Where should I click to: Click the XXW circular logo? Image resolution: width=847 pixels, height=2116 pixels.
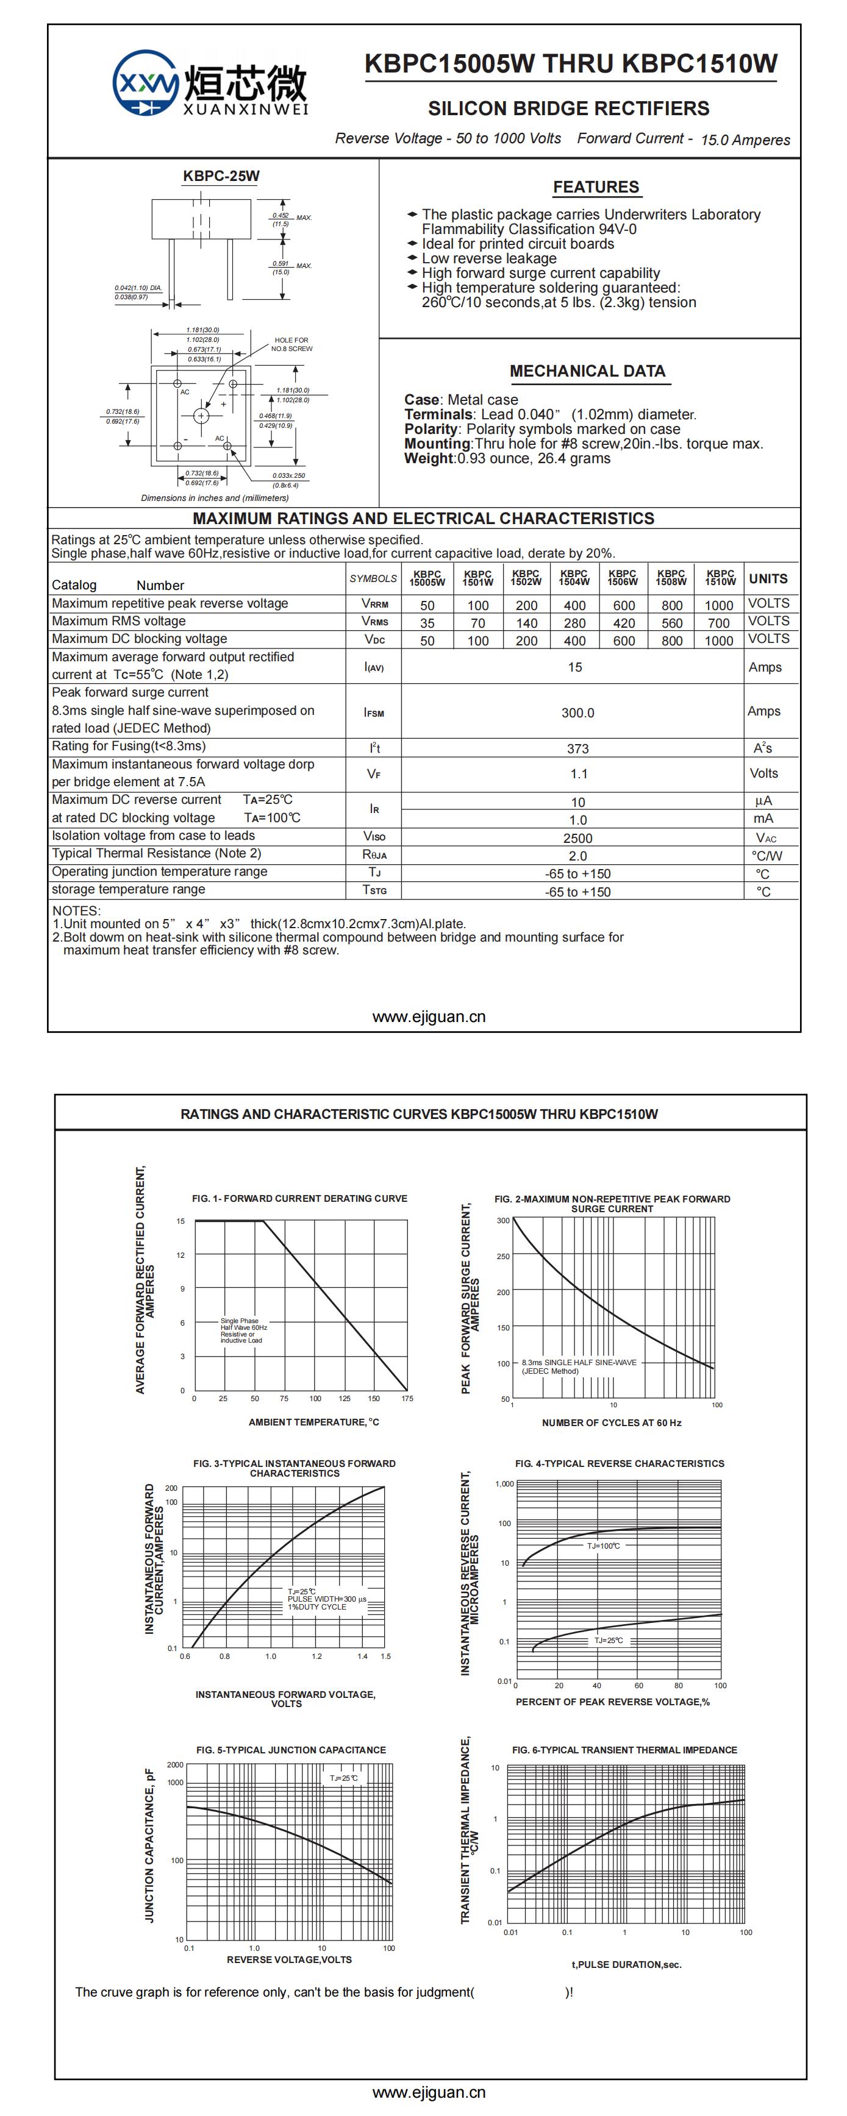tap(145, 83)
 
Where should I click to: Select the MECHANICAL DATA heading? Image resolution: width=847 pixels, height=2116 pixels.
tap(587, 371)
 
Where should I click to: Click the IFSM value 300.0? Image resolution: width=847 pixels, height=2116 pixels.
tap(577, 713)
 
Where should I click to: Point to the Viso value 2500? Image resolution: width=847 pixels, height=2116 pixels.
tap(577, 838)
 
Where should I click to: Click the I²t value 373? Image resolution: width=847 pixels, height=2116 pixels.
tap(577, 748)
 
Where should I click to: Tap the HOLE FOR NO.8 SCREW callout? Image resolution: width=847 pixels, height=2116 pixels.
tap(291, 344)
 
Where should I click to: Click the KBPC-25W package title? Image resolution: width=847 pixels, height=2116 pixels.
tap(221, 176)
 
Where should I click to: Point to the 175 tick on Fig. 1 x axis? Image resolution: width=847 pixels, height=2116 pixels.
tap(407, 1398)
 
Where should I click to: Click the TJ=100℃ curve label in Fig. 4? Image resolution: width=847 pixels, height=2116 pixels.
tap(603, 1546)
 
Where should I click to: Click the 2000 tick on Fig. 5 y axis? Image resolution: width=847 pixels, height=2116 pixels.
tap(175, 1764)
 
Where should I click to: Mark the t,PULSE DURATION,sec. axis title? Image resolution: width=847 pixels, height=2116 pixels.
tap(626, 1964)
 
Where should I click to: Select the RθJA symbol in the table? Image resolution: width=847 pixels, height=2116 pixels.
tap(374, 855)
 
